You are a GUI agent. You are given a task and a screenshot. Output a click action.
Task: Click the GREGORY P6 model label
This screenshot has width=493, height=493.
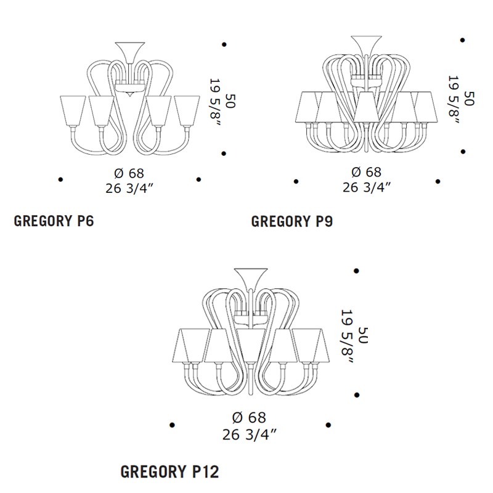54,221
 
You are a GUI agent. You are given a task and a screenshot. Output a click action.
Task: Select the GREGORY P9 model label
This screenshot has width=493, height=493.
292,221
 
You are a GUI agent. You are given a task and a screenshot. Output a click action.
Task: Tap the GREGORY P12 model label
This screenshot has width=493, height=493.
170,472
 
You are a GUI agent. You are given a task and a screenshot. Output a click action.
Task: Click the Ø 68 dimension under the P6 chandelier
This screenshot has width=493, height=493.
129,173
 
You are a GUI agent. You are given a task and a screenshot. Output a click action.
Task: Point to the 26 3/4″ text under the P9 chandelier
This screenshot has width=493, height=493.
367,187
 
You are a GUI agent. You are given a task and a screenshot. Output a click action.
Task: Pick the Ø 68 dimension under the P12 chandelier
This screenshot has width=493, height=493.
249,418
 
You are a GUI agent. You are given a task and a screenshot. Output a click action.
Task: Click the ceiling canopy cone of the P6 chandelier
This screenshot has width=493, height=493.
130,52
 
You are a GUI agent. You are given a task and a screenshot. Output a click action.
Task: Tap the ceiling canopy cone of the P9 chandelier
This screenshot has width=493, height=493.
366,46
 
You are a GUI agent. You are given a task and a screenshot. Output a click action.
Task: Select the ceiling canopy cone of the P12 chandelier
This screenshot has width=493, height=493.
251,279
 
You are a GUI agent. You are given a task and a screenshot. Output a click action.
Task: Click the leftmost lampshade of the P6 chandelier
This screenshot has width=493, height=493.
73,111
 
